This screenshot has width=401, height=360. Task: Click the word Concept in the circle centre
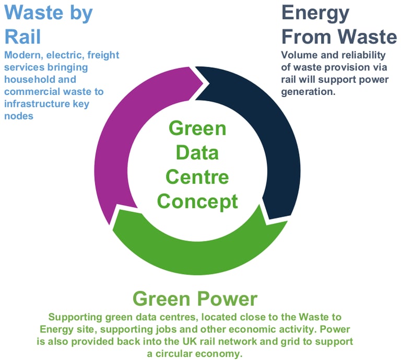click(197, 200)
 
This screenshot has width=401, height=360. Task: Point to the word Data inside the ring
click(197, 153)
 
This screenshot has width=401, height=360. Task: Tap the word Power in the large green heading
click(228, 299)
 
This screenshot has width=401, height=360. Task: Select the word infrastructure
click(33, 103)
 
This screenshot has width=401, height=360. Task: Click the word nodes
click(19, 115)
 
